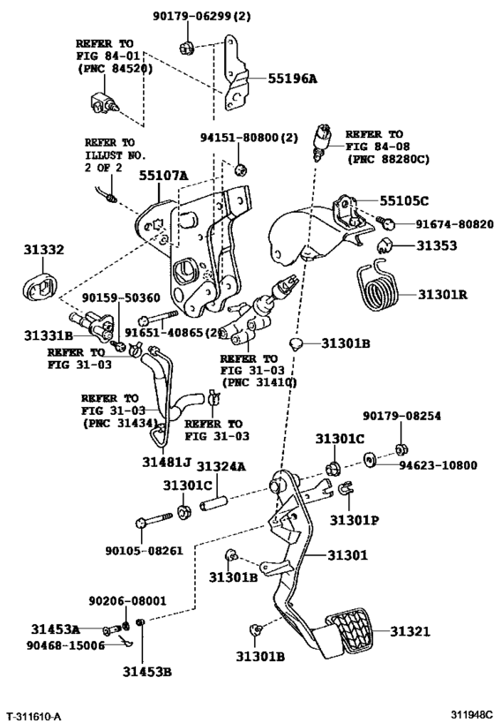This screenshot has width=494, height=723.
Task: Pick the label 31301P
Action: click(x=356, y=520)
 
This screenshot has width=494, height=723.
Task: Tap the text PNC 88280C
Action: click(x=386, y=160)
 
